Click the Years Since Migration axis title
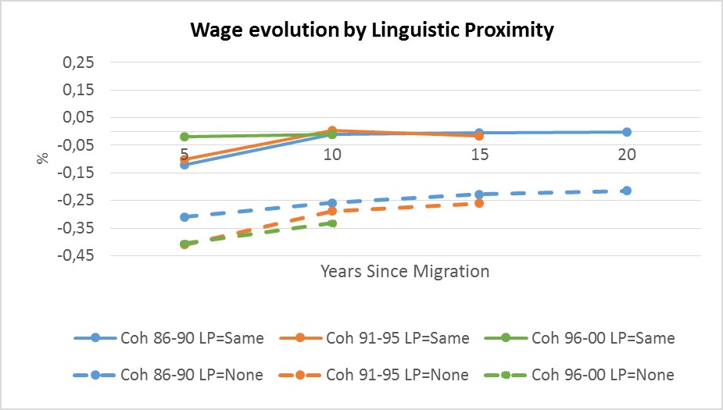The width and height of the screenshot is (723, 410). [x=404, y=272]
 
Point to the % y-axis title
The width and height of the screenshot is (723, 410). [x=43, y=158]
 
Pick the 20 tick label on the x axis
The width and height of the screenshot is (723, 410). [x=627, y=154]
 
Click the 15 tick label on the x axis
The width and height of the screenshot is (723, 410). [x=479, y=154]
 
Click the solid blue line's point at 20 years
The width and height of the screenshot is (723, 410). [x=627, y=132]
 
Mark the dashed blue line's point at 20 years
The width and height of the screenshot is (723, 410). [x=627, y=191]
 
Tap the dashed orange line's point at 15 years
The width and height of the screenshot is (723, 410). [x=479, y=203]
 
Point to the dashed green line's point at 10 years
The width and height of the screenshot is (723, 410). [x=332, y=223]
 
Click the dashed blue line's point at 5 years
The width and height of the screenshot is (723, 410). [x=184, y=217]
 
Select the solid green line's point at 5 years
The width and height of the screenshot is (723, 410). [x=184, y=137]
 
